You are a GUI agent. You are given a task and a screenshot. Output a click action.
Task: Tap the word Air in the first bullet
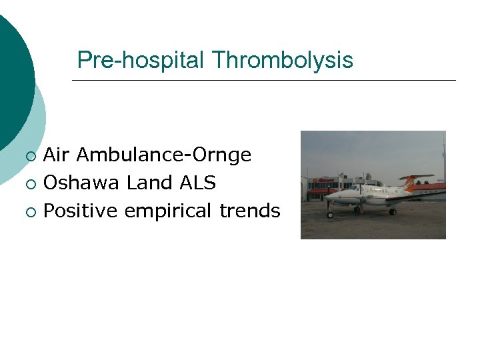pos(57,155)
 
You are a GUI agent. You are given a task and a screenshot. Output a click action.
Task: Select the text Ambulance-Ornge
pos(164,155)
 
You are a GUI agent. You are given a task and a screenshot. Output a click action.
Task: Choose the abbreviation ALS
pos(198,183)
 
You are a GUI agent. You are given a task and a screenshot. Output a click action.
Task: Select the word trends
pos(250,211)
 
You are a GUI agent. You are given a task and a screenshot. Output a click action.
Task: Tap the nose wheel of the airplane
pos(330,215)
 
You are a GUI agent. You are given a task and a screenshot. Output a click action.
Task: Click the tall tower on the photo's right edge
pos(443,157)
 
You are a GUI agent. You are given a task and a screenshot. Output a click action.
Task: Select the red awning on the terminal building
pos(319,191)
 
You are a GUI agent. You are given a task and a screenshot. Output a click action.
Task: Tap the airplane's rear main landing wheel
pos(392,211)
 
